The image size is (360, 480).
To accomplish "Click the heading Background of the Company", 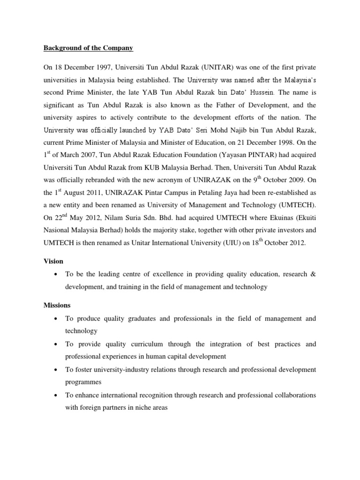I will pos(89,48).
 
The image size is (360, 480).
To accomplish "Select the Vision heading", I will pos(53,261).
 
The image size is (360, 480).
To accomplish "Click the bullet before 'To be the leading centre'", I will pos(56,274).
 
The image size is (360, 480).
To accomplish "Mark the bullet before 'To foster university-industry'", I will pos(56,370).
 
